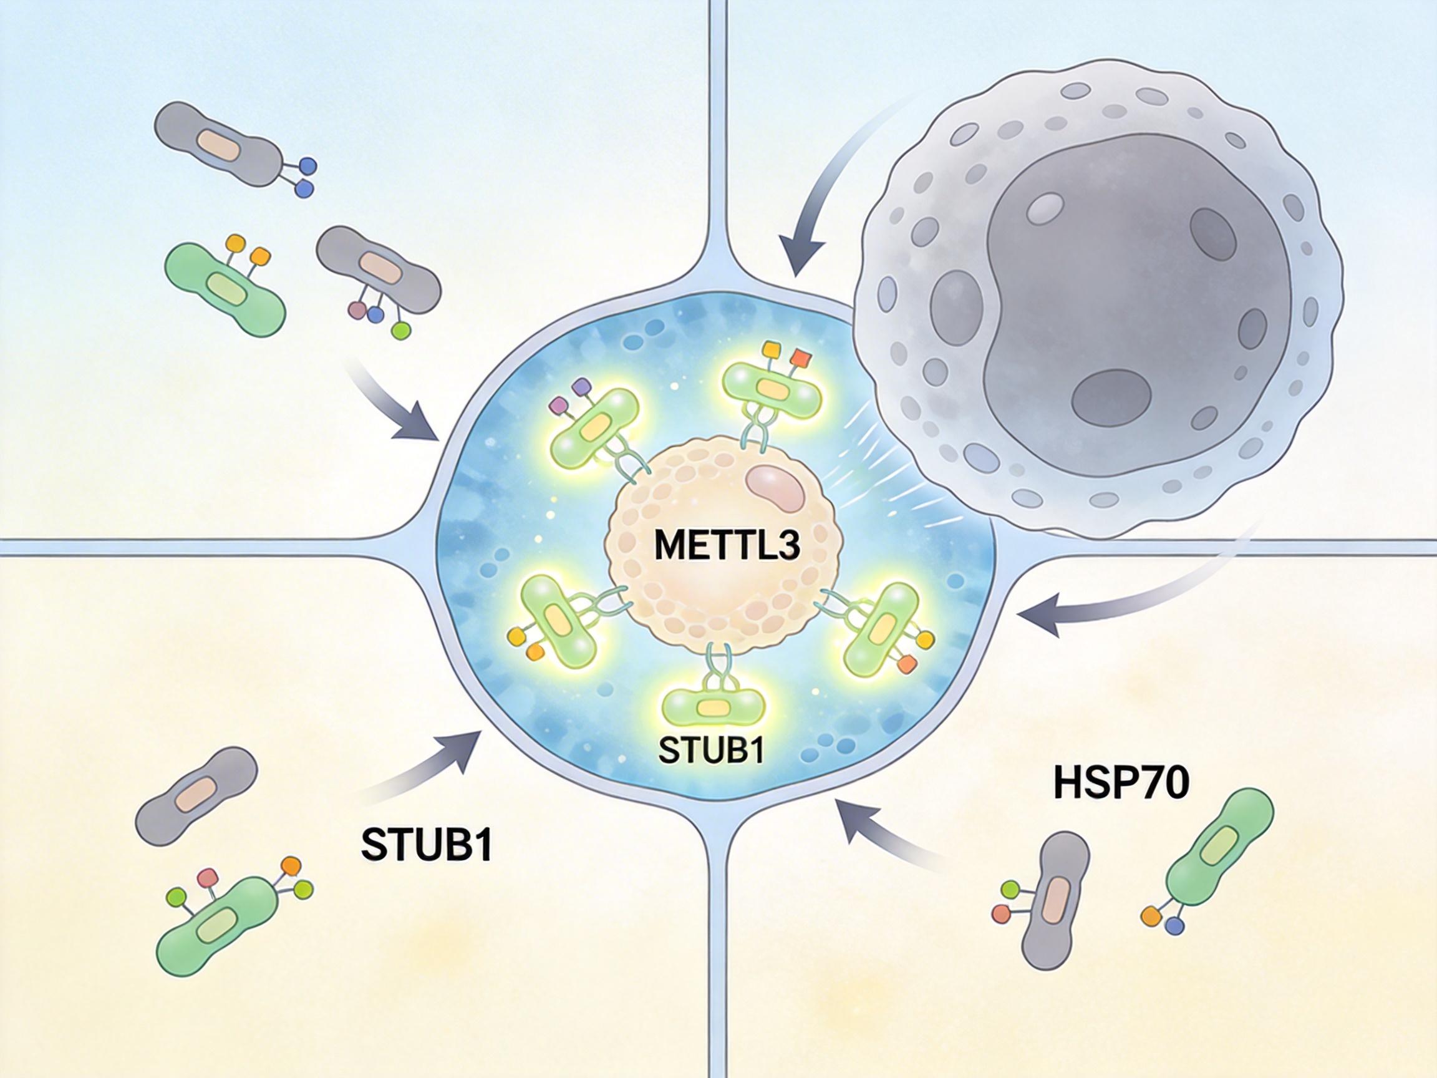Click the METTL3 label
tap(727, 546)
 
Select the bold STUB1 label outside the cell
tap(426, 844)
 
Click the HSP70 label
tap(1121, 784)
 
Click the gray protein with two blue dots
tap(221, 143)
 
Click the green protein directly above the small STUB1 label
tap(712, 707)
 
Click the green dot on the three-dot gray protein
tap(402, 331)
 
